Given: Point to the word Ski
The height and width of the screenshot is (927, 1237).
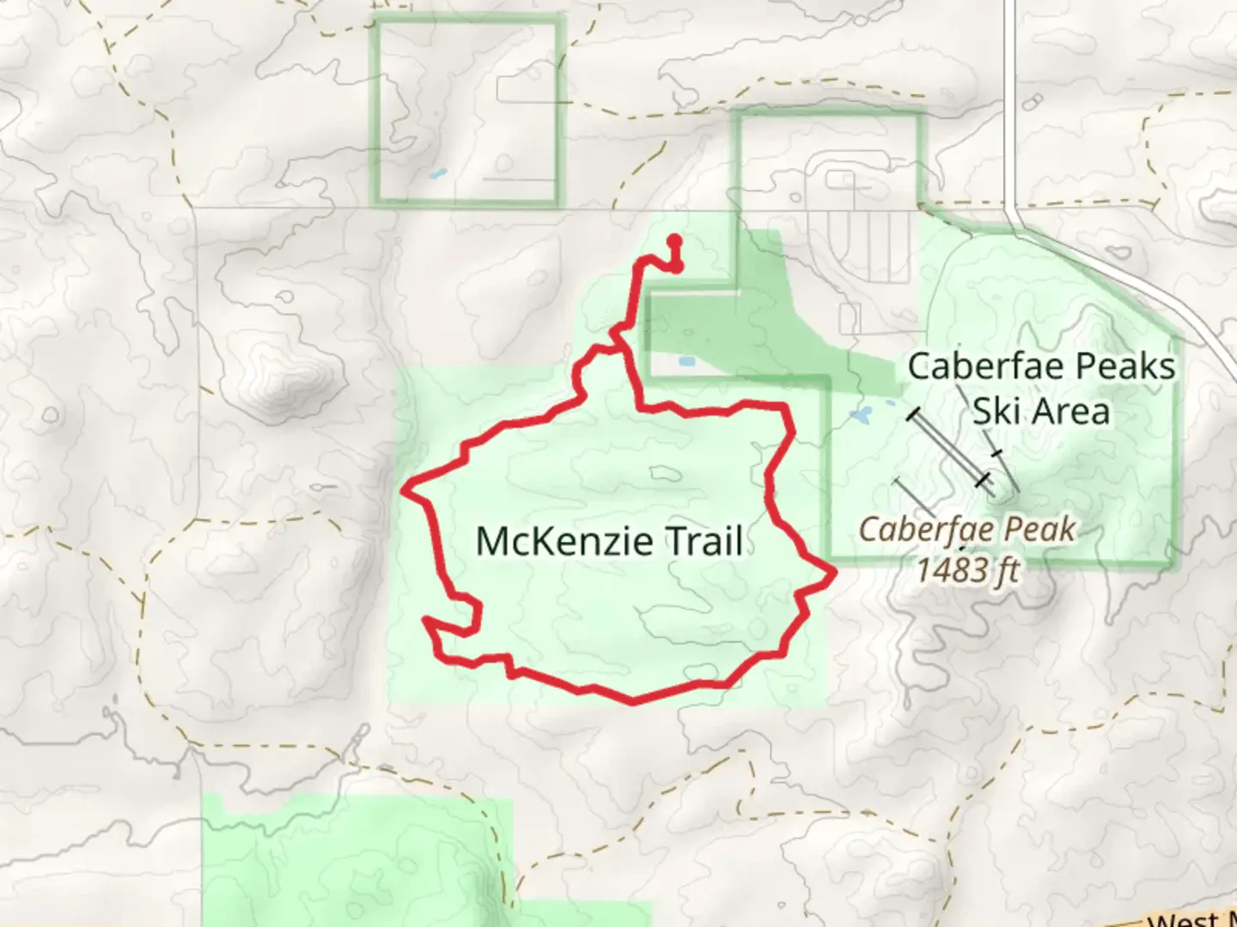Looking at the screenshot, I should (996, 410).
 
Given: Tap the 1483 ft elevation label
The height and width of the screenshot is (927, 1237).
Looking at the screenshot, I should (967, 569).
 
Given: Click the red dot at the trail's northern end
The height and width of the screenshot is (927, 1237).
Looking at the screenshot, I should (674, 241).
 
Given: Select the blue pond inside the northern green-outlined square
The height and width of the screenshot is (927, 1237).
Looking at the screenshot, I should (438, 174).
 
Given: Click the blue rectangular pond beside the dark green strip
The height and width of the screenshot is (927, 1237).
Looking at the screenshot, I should (686, 361).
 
